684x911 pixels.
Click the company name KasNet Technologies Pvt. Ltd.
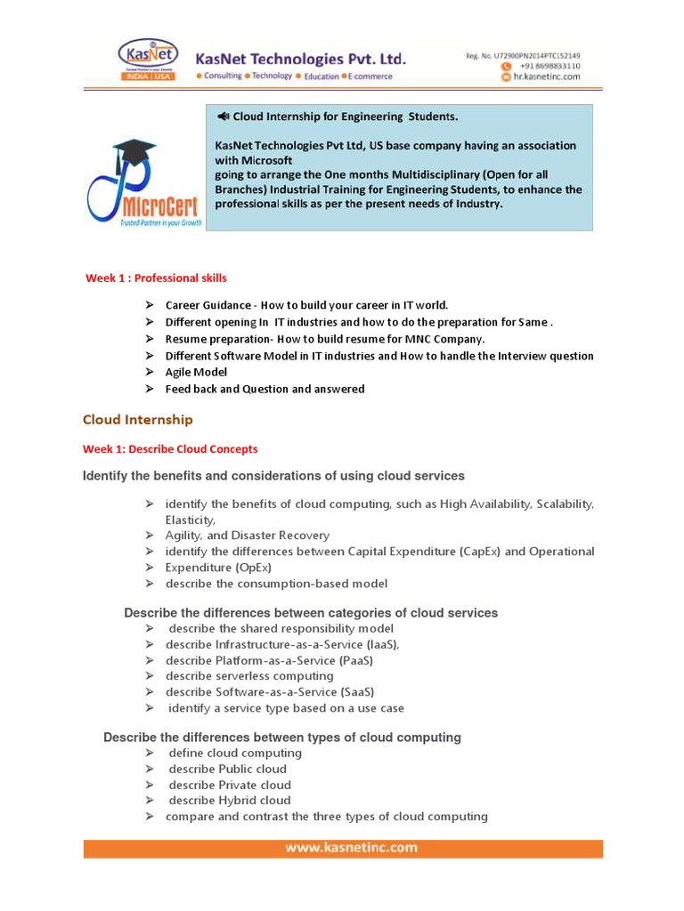tap(301, 59)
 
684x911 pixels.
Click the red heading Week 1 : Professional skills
tap(156, 278)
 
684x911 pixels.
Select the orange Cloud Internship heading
tap(137, 420)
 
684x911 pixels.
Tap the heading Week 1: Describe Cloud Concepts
tap(170, 449)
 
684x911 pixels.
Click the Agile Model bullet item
tap(196, 373)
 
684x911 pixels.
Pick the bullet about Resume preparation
tap(325, 339)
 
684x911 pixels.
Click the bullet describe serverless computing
tap(249, 676)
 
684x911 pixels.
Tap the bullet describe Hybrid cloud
tap(230, 801)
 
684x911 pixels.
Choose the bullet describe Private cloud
tap(230, 785)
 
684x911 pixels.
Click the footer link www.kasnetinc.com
tap(351, 848)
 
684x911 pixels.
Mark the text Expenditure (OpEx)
tap(218, 568)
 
